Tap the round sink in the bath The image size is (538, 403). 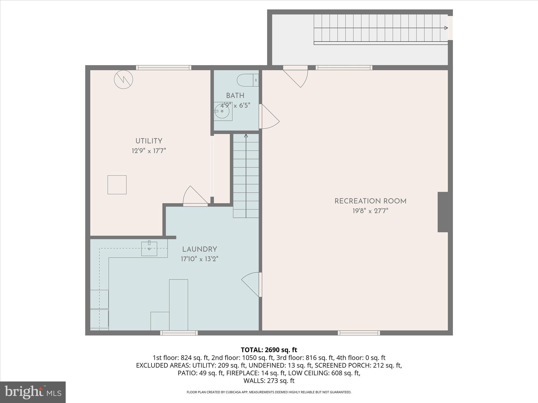point(222,111)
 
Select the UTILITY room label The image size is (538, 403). point(149,141)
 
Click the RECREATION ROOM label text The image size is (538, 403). point(370,201)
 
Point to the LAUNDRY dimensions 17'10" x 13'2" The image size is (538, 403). point(199,259)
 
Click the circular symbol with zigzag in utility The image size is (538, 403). point(123,79)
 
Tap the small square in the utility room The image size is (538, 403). point(117,185)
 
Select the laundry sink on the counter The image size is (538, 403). point(149,248)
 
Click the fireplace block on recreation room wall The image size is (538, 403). point(443,212)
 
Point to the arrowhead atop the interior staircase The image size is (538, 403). point(246,136)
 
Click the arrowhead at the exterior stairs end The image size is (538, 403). point(446,28)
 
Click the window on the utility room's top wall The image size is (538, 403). point(163,68)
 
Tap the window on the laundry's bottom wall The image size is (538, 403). point(179,333)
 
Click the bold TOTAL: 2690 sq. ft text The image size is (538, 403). point(269,350)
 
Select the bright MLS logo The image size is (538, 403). point(33,392)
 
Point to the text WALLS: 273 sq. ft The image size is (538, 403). point(269,381)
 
